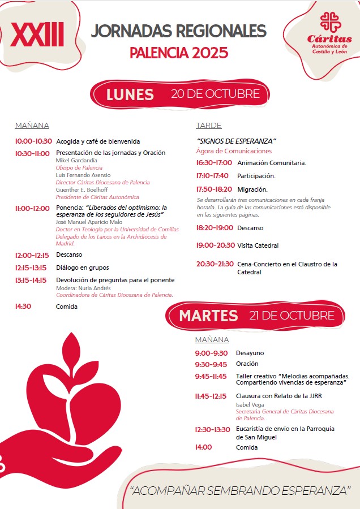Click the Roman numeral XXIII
(37, 36)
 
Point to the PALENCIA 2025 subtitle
(179, 53)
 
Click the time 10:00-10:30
(33, 141)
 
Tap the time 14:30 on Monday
(23, 307)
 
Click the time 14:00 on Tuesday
(203, 447)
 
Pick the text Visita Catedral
(258, 245)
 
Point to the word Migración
(252, 189)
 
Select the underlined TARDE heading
(209, 126)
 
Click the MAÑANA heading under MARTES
(212, 340)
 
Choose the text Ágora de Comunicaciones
(234, 151)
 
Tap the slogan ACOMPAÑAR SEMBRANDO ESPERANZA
(241, 490)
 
